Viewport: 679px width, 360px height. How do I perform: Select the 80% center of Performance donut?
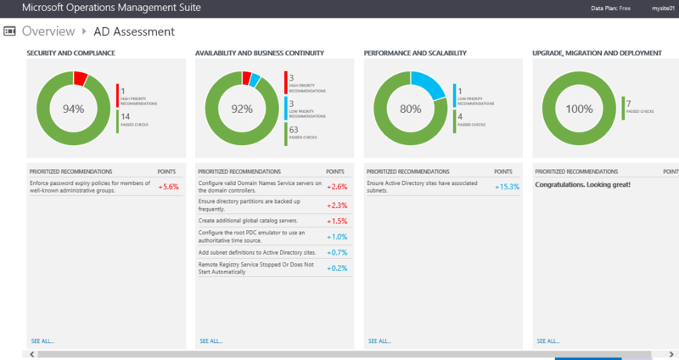pos(411,109)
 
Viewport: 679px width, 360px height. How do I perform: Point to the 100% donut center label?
pos(579,109)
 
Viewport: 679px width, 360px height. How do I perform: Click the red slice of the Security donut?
pos(81,78)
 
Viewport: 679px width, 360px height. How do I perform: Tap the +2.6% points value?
pos(336,187)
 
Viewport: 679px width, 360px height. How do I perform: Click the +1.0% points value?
pos(337,237)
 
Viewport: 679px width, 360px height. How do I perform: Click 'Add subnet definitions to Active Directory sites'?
pos(256,253)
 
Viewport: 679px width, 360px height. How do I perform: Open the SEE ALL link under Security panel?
pos(42,340)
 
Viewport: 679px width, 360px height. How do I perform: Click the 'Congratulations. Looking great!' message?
pos(583,183)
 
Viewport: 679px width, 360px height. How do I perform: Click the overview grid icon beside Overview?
pos(10,31)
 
